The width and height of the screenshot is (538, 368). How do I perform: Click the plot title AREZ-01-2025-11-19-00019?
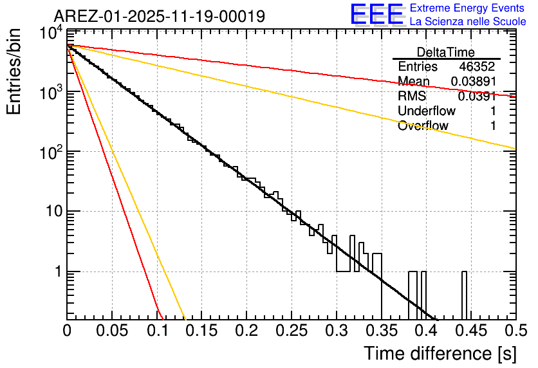tap(159, 16)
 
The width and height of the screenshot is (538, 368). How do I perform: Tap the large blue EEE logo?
tap(376, 15)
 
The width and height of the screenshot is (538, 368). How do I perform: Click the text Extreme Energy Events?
tap(467, 8)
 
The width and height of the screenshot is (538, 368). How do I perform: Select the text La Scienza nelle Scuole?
tap(467, 22)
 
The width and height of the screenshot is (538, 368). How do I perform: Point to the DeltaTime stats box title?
tap(446, 52)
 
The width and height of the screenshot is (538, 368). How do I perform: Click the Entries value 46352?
tap(478, 67)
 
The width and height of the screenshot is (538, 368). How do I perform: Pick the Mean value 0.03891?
tap(473, 82)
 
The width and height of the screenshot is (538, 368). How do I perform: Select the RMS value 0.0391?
tap(477, 97)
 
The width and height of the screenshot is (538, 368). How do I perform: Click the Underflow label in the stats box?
tap(427, 111)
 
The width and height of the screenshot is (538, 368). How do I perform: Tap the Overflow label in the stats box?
tap(423, 126)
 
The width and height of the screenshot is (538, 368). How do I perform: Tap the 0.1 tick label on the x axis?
tap(157, 331)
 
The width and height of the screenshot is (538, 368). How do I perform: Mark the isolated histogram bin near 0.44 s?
tap(463, 295)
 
